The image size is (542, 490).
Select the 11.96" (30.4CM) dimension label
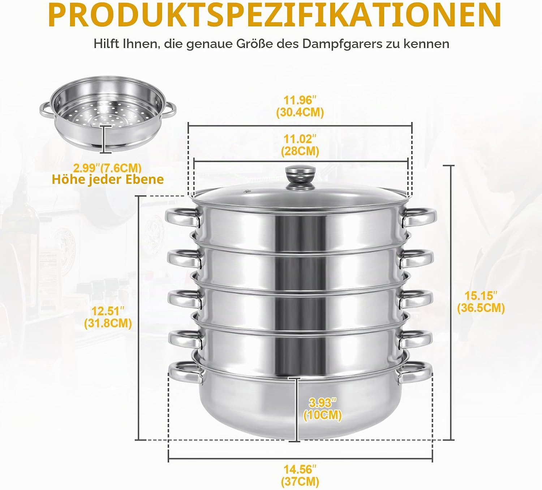300,107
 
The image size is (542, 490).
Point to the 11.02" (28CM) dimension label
300,145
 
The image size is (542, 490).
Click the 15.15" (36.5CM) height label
481,302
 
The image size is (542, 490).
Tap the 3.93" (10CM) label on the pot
323,409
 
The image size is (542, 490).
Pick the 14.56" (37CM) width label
300,476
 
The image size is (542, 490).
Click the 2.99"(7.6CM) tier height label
108,168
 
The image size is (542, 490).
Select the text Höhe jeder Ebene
108,179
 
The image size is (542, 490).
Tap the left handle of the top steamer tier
183,217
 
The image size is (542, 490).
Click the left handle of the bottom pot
186,372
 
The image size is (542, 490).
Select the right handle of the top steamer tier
418,217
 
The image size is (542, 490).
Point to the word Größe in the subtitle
254,43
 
